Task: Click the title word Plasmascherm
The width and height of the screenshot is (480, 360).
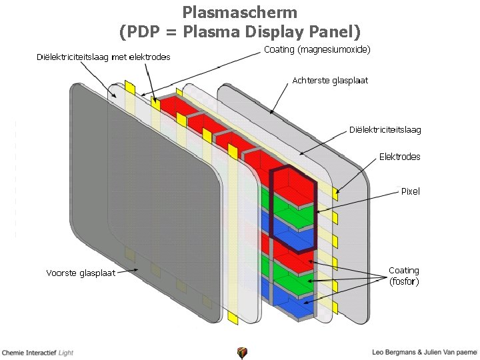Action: pos(239,12)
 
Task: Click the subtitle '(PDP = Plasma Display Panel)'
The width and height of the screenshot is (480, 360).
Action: pos(239,31)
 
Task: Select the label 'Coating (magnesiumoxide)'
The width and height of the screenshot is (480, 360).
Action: pos(317,49)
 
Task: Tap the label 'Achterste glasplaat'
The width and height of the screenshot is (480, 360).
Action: pos(329,81)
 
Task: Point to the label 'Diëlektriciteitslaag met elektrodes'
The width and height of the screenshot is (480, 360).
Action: pos(103,57)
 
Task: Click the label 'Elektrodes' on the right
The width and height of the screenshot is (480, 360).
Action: pos(399,157)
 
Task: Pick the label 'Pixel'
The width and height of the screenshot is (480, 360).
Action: pos(410,191)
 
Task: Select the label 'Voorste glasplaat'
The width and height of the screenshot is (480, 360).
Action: pos(80,273)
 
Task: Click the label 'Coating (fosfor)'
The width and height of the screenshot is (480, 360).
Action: pos(404,276)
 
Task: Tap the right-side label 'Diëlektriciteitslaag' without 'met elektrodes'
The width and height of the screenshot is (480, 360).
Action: pos(385,129)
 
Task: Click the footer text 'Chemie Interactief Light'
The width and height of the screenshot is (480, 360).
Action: pos(37,352)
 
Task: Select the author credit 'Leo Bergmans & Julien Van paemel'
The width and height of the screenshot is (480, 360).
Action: pos(425,352)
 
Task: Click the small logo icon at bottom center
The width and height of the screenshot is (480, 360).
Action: pos(241,353)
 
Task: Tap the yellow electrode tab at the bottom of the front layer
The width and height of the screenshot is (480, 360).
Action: pos(232,319)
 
